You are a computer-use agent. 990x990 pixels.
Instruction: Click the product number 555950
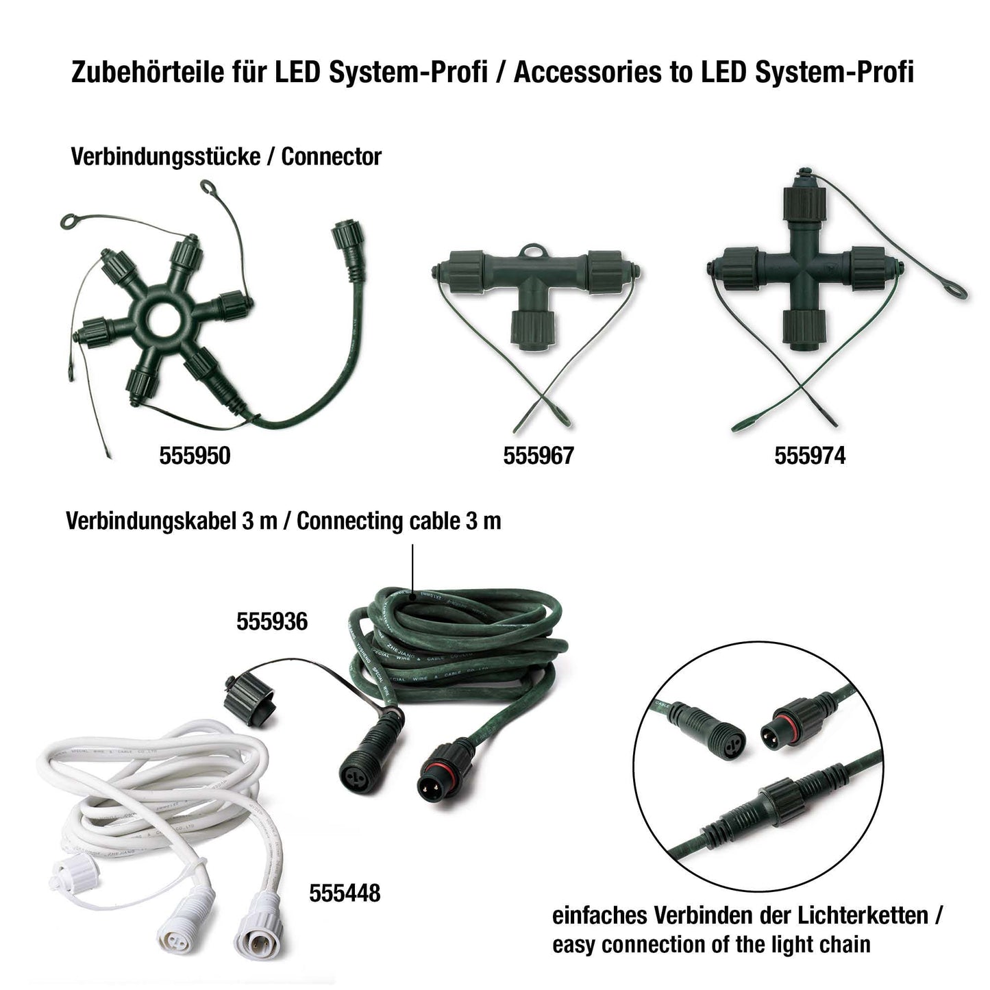point(195,456)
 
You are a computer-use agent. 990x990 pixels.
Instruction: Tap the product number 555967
point(539,456)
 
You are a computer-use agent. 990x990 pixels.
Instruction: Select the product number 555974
point(810,456)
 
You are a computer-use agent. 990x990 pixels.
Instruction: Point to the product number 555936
point(272,621)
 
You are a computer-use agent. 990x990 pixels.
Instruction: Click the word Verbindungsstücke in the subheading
point(165,157)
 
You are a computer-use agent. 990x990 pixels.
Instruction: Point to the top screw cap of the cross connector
point(804,203)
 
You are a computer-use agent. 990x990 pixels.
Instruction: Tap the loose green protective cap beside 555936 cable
point(250,700)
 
